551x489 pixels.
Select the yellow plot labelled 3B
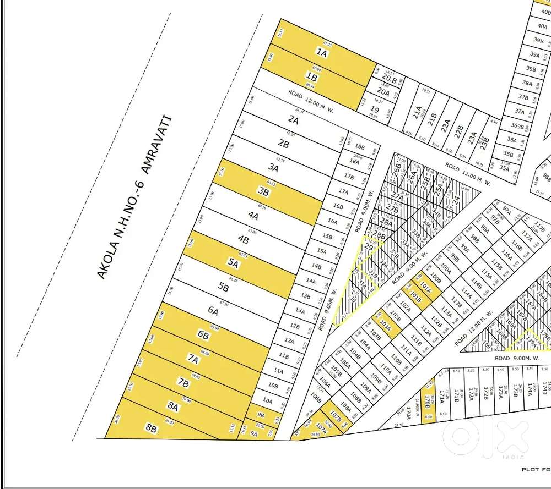264,192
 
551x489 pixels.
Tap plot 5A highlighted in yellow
233,263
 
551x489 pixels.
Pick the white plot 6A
214,311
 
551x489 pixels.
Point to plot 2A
293,120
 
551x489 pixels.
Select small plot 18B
360,147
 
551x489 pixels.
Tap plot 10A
268,400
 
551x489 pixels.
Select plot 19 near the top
375,109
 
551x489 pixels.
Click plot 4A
253,215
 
